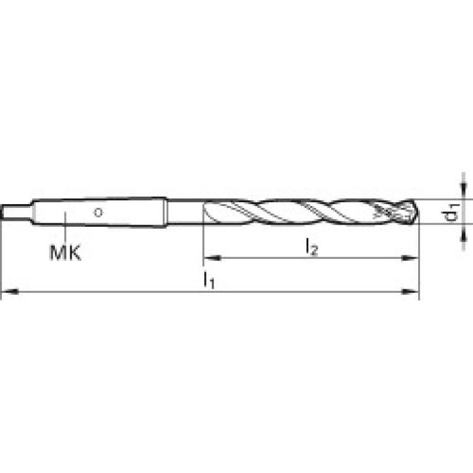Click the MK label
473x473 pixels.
click(65, 253)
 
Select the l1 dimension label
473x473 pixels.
click(208, 280)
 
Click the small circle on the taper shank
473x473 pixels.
click(98, 212)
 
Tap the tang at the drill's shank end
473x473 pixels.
click(16, 212)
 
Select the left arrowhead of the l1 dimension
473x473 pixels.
click(10, 292)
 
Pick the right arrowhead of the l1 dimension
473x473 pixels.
click(410, 292)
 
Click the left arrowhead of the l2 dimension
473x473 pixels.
click(212, 258)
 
